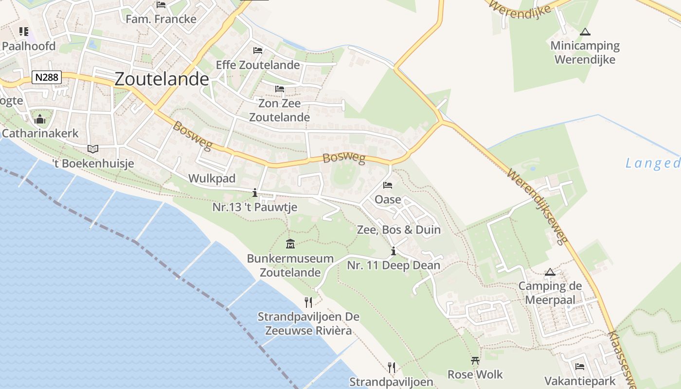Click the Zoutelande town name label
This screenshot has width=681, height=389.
(161, 79)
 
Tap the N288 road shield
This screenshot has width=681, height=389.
(47, 77)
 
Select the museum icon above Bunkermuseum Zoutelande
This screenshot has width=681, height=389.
(290, 244)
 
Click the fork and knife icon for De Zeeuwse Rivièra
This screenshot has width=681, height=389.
(308, 302)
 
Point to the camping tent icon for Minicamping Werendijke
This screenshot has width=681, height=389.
(585, 32)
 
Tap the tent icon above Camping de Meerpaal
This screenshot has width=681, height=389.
(550, 272)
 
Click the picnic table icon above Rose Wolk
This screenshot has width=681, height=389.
(475, 360)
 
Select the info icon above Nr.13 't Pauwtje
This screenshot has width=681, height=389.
(255, 193)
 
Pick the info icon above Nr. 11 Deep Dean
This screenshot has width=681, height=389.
(393, 251)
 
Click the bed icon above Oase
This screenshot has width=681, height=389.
(388, 185)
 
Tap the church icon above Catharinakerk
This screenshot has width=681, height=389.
(40, 119)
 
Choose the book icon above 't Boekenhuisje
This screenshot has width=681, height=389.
(92, 149)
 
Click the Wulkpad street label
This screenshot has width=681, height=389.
(212, 178)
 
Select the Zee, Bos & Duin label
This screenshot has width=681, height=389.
(398, 230)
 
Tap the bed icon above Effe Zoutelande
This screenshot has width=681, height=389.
(258, 51)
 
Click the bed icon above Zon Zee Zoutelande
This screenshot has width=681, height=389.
(279, 89)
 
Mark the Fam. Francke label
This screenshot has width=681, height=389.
(161, 19)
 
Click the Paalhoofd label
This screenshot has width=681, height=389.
(29, 46)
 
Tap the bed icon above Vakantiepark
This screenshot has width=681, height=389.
(579, 367)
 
